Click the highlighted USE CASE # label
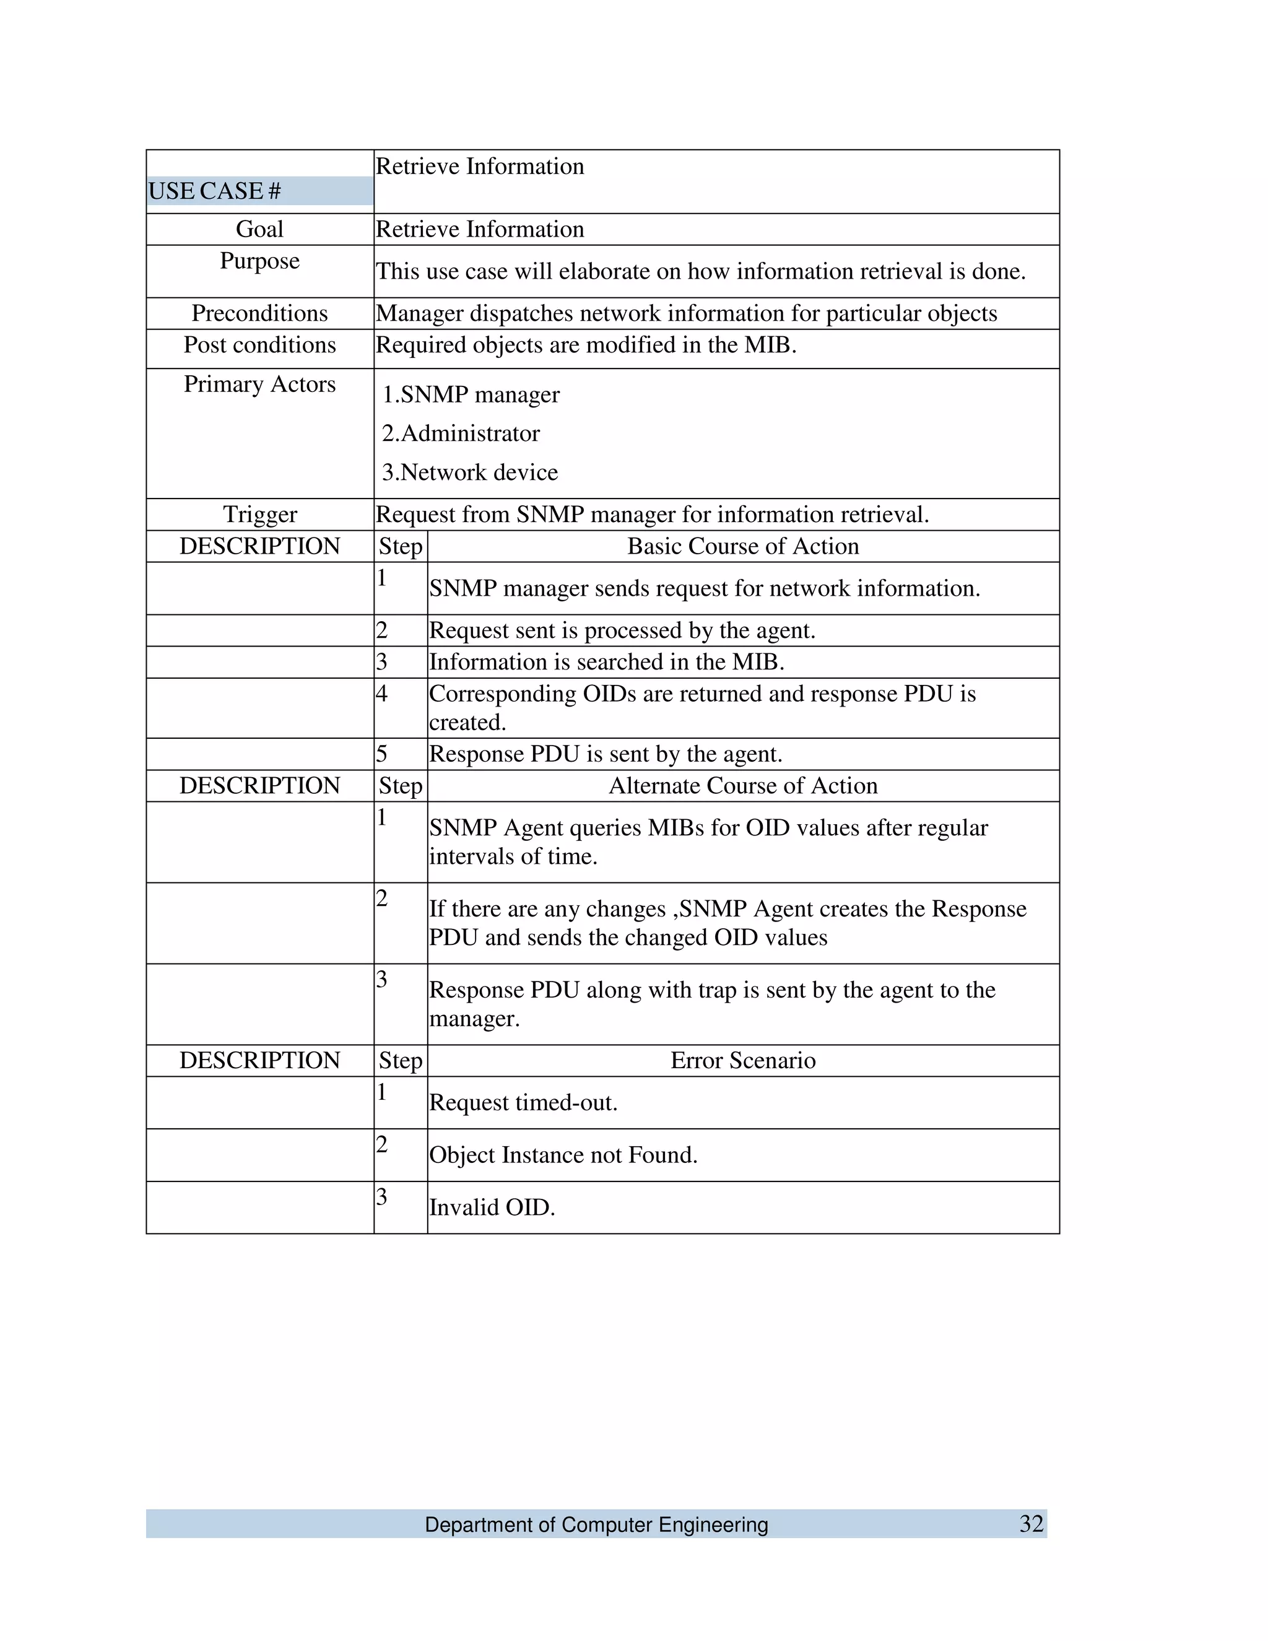point(214,191)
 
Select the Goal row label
point(259,229)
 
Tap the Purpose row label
point(259,260)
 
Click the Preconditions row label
point(259,313)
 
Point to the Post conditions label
point(259,344)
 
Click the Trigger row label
point(259,514)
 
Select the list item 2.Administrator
point(461,433)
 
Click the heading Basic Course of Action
point(742,546)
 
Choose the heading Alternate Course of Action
point(742,785)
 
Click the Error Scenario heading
point(742,1060)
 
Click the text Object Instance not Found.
point(563,1154)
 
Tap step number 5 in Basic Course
point(381,754)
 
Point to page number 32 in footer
point(1031,1523)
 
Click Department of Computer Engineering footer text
point(596,1525)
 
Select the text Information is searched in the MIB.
point(606,661)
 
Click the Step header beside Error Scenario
point(401,1060)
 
